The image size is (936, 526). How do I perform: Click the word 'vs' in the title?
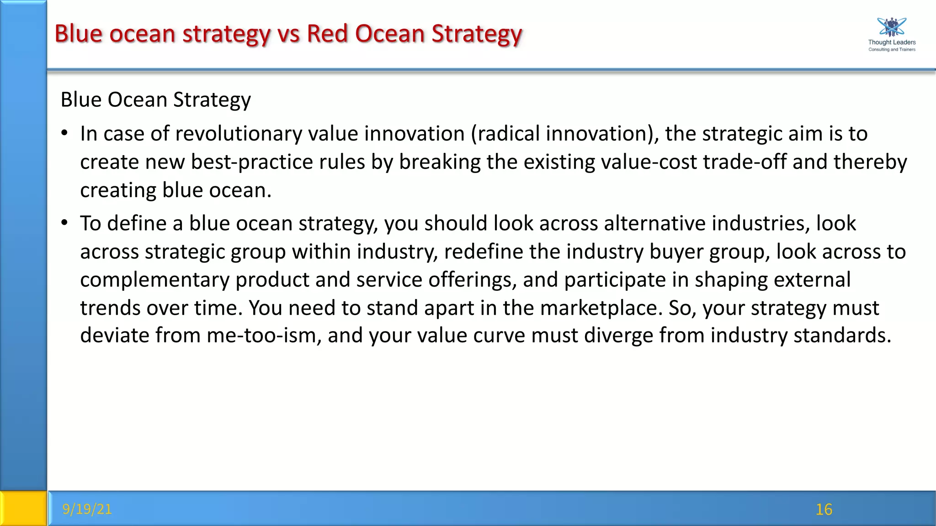[x=288, y=34]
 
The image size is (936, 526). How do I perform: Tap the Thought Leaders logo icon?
[x=892, y=27]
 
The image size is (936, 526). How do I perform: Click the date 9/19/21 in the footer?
[x=87, y=509]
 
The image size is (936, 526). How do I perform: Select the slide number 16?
[x=824, y=510]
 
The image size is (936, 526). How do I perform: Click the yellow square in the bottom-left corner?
[x=23, y=508]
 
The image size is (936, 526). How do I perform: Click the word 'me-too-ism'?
[x=264, y=336]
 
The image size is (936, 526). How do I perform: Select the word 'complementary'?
[x=154, y=280]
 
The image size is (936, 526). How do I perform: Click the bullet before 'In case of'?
[x=64, y=133]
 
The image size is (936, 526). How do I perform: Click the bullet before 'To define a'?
[x=64, y=223]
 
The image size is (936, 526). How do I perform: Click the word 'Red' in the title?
[x=327, y=34]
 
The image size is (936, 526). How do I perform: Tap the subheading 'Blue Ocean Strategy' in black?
[x=155, y=100]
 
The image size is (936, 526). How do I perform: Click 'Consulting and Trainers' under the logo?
[x=892, y=49]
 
